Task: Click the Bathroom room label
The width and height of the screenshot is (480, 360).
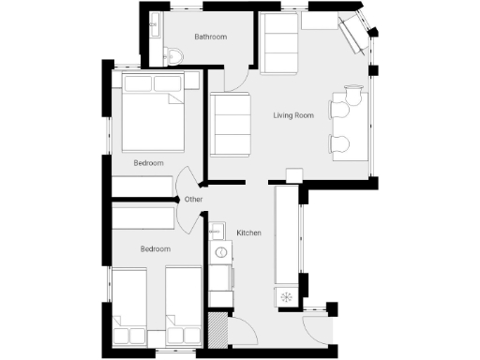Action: [x=211, y=37]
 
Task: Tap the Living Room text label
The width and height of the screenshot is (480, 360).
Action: [x=292, y=116]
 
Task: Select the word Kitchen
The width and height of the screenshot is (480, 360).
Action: [x=248, y=232]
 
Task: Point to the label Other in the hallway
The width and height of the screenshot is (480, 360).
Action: [x=193, y=200]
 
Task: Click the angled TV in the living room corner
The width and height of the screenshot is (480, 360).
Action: [x=356, y=35]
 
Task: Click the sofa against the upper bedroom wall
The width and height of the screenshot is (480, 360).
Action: [x=230, y=125]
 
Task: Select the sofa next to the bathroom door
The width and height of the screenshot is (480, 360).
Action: [x=278, y=44]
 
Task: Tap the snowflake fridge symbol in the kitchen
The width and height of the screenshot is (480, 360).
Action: [x=287, y=297]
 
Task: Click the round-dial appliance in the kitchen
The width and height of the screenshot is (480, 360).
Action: [x=222, y=252]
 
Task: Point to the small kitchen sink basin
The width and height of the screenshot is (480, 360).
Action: [x=217, y=231]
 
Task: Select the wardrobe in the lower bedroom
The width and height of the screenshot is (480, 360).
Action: [x=143, y=217]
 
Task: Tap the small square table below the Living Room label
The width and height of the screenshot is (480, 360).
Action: [x=293, y=175]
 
